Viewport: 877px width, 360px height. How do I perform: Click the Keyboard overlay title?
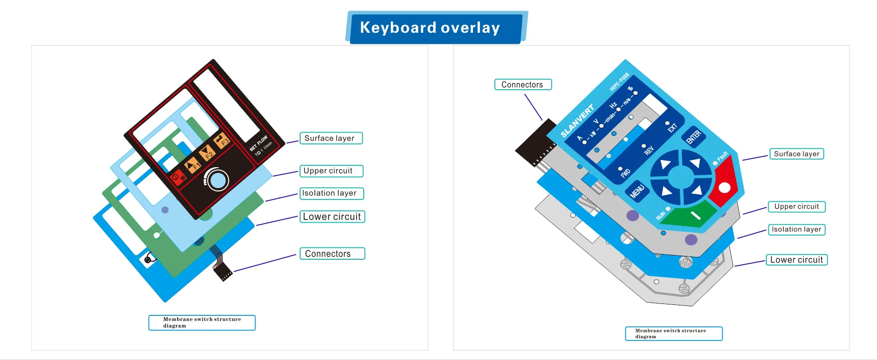[430, 28]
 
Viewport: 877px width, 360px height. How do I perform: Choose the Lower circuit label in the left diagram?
[332, 217]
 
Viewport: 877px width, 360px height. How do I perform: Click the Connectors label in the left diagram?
[332, 254]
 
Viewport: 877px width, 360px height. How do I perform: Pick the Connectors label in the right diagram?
[523, 85]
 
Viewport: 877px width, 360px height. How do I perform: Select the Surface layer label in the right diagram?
[796, 154]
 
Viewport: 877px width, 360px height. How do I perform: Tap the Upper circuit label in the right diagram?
[796, 207]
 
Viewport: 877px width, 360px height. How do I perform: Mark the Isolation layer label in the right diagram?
[796, 229]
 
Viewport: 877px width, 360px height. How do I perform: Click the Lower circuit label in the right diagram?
[796, 260]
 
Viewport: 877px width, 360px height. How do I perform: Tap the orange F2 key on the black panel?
[207, 153]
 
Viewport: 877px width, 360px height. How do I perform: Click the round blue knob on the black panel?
[218, 180]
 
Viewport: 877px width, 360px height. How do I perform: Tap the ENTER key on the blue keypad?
[694, 137]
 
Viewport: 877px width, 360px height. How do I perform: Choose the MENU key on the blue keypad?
[637, 191]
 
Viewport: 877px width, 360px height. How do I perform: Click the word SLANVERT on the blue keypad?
[577, 122]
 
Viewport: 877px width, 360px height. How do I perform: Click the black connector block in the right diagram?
[535, 142]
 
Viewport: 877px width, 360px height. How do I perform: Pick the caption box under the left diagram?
[202, 322]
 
